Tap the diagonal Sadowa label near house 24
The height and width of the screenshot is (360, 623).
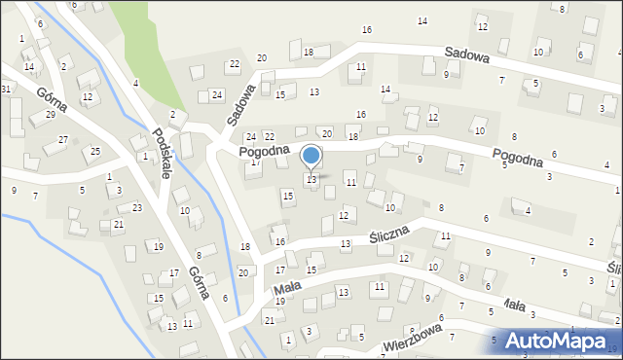[x=240, y=104]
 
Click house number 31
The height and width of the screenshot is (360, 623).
[x=6, y=89]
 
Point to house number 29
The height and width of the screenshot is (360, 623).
[x=50, y=115]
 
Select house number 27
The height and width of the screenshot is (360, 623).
[x=62, y=140]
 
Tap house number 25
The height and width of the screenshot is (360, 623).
[x=95, y=151]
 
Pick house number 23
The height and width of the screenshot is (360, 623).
[x=137, y=207]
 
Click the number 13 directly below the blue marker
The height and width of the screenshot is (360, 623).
[x=311, y=179]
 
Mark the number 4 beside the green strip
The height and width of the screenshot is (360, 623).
[x=135, y=83]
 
